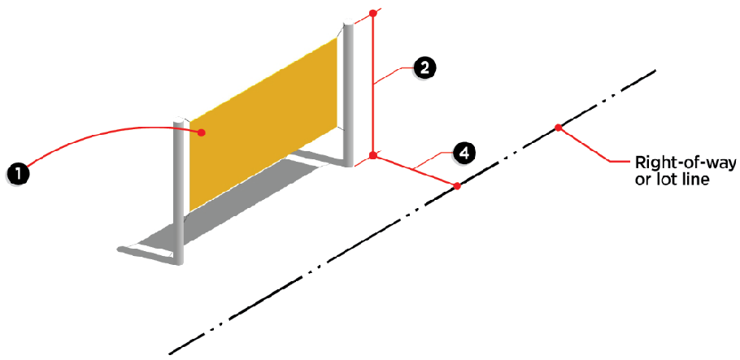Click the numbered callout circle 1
[x=18, y=173]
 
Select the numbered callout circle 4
[x=462, y=152]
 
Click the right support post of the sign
[x=349, y=89]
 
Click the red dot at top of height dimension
[x=373, y=13]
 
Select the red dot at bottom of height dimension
[x=373, y=154]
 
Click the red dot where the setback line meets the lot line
[x=457, y=186]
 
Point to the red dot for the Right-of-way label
[x=558, y=127]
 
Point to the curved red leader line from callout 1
[x=98, y=138]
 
